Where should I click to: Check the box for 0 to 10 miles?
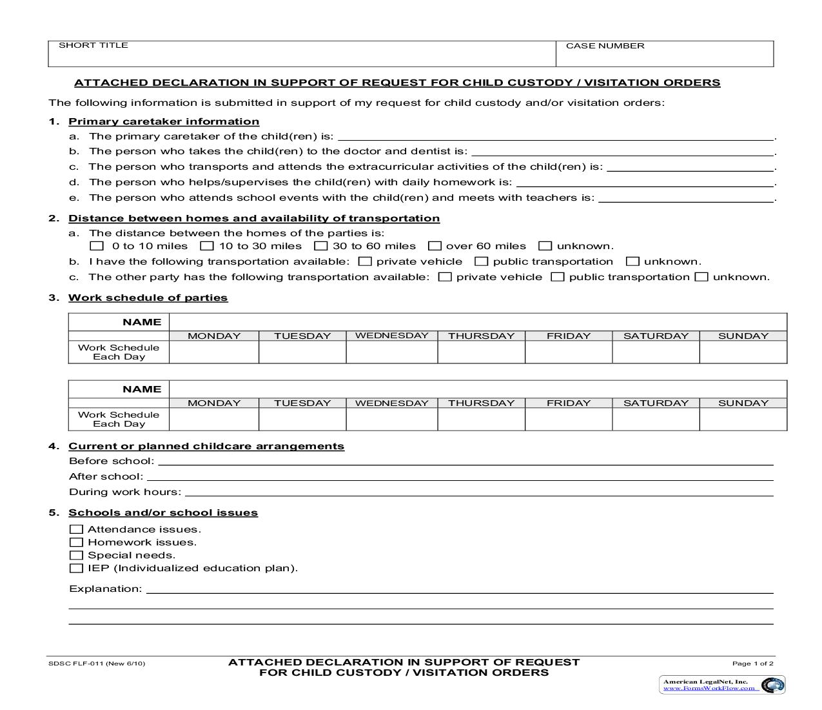click(x=97, y=246)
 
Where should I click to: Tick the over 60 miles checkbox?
click(x=435, y=246)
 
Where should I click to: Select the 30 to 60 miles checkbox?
click(x=320, y=246)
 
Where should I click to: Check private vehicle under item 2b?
click(x=365, y=261)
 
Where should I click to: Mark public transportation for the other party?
click(x=558, y=277)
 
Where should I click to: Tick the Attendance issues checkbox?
click(x=76, y=529)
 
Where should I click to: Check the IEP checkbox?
click(x=76, y=568)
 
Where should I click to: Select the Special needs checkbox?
click(x=76, y=555)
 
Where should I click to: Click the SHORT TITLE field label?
click(x=93, y=45)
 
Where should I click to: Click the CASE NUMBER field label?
click(x=605, y=46)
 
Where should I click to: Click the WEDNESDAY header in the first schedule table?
click(x=391, y=336)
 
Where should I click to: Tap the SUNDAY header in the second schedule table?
click(x=743, y=403)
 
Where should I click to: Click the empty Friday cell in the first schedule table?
click(x=568, y=352)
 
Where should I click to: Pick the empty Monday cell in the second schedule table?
click(x=213, y=420)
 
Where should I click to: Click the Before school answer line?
click(x=464, y=461)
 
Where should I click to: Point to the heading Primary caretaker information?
click(x=164, y=121)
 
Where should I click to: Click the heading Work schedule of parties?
click(x=148, y=298)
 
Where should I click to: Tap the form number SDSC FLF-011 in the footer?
click(x=97, y=664)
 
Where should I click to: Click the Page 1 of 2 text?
click(x=752, y=664)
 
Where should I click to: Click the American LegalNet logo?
click(x=721, y=685)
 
